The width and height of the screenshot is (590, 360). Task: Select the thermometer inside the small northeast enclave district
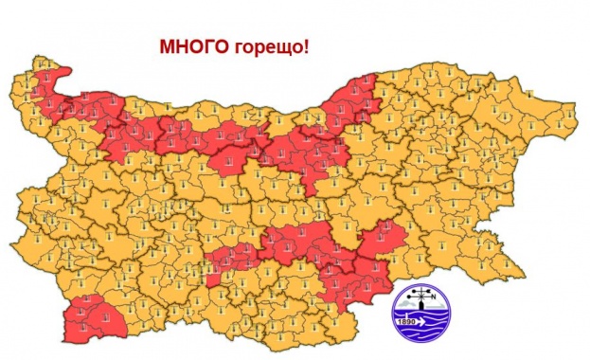click(x=531, y=91)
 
